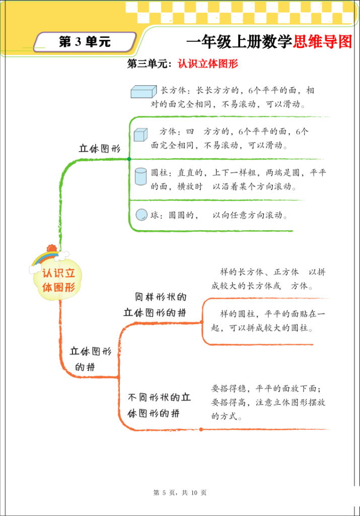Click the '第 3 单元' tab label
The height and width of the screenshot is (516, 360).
point(85,42)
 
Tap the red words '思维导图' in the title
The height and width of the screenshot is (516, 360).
point(322,42)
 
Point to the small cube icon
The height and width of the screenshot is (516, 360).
point(141,135)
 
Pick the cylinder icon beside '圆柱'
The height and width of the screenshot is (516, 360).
point(140,176)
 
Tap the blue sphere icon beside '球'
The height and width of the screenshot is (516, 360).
point(141,215)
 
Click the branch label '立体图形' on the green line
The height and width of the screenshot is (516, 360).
point(100,149)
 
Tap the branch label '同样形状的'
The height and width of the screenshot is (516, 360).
point(161,297)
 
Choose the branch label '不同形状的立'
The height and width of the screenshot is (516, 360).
point(159,398)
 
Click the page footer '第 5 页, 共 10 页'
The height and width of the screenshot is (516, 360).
point(180,493)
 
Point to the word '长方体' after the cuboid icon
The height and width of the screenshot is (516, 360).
point(172,91)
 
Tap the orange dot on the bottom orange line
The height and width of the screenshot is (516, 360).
point(201,429)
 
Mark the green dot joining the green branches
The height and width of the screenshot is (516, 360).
point(129,159)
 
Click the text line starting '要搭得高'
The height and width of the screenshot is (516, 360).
point(268,403)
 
